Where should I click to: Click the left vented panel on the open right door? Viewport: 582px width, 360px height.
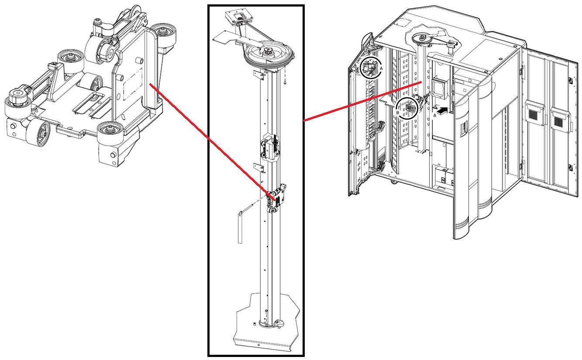click(x=534, y=113)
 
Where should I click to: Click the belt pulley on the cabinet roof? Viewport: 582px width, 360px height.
click(x=422, y=38)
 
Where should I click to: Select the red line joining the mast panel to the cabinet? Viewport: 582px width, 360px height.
click(x=362, y=101)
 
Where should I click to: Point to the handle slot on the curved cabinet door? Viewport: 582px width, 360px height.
click(x=464, y=129)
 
